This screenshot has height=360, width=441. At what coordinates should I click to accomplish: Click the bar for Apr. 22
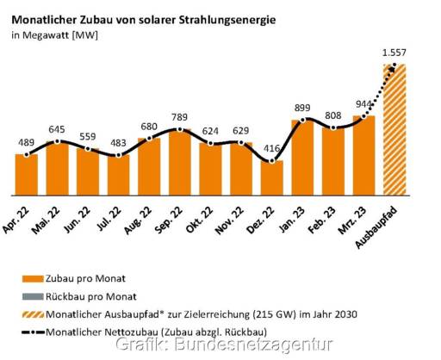(x=26, y=174)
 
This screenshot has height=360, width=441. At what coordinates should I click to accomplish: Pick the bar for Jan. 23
(x=302, y=158)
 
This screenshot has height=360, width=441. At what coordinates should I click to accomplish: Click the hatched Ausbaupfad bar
(x=394, y=129)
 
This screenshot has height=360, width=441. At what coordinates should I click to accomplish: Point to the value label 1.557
(x=394, y=53)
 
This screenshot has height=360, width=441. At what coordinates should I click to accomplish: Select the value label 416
(x=272, y=148)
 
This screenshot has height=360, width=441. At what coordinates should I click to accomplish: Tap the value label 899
(x=302, y=108)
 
